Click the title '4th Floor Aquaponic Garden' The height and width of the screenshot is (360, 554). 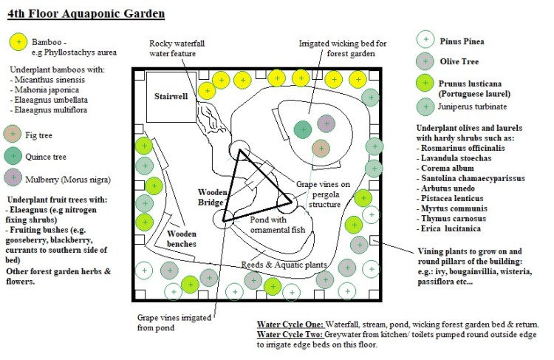coord(86,13)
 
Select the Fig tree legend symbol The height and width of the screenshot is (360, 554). coord(13,135)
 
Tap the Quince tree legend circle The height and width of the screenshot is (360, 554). coord(13,157)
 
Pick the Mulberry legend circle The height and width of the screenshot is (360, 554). coord(13,178)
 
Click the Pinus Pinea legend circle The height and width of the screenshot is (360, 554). coord(424,39)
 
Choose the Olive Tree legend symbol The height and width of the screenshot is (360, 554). coord(424,61)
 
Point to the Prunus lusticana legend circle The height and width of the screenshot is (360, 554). coord(424,83)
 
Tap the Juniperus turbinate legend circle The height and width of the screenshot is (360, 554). coord(424,108)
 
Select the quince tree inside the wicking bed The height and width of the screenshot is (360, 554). coord(302,129)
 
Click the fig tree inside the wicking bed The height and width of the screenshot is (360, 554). coord(319,149)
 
